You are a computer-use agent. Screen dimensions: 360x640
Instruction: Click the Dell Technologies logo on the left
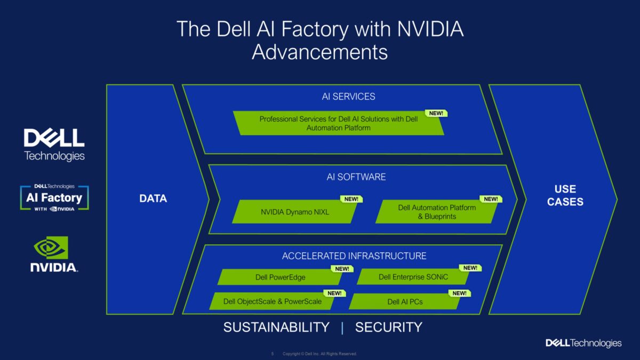click(x=54, y=144)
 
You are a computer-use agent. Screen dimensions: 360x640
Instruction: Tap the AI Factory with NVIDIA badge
click(x=54, y=198)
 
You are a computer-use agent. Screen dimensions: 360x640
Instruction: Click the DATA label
click(x=153, y=198)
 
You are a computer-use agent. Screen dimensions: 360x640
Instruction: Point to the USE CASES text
click(x=565, y=195)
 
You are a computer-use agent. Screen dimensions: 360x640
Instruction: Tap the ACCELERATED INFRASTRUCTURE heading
click(x=354, y=256)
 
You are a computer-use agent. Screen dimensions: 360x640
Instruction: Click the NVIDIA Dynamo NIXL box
click(x=295, y=212)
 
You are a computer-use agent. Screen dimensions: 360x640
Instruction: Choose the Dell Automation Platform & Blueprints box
click(x=436, y=212)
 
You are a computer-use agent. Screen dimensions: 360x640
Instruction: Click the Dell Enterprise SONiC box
click(x=413, y=277)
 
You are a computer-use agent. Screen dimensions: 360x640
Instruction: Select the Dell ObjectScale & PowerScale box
click(x=273, y=301)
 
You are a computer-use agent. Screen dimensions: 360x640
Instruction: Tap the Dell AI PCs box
click(x=405, y=301)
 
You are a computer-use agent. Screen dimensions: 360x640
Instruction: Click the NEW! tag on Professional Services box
click(x=436, y=113)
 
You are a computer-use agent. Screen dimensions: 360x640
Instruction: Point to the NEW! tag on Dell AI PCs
click(x=459, y=293)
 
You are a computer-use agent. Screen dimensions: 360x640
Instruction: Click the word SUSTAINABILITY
click(x=276, y=327)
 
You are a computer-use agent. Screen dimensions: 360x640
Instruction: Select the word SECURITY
click(x=388, y=327)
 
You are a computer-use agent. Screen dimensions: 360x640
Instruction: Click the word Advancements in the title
click(x=319, y=52)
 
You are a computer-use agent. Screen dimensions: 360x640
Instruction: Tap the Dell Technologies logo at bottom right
click(x=583, y=343)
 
